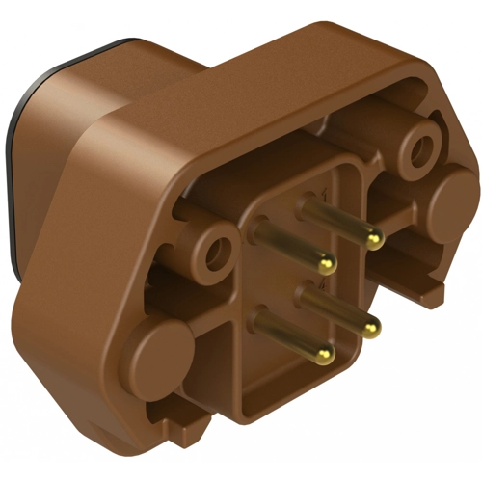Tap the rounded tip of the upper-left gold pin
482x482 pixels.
[328, 261]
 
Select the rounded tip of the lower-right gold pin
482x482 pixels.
[370, 331]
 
